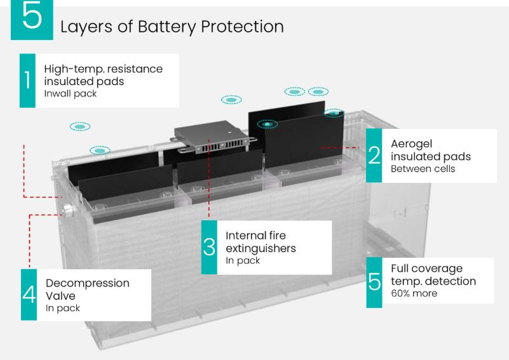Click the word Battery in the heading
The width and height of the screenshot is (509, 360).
tap(167, 27)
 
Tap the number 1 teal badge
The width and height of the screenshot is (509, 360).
tap(27, 81)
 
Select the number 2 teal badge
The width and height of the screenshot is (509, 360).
tap(374, 156)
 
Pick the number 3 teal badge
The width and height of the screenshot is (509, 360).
tap(209, 247)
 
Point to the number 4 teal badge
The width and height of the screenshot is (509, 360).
tap(29, 295)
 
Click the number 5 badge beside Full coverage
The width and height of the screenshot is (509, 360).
tap(374, 282)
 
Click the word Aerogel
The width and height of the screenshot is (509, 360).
tap(411, 144)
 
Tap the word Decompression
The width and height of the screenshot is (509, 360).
tap(88, 284)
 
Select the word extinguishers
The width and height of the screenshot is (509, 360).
tap(261, 248)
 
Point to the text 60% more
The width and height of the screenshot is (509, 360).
tap(414, 293)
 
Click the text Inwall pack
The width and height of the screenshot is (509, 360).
tap(71, 94)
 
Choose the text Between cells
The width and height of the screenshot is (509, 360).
tap(423, 169)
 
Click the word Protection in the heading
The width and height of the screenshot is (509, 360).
tap(242, 27)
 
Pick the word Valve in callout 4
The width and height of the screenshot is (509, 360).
tap(60, 296)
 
